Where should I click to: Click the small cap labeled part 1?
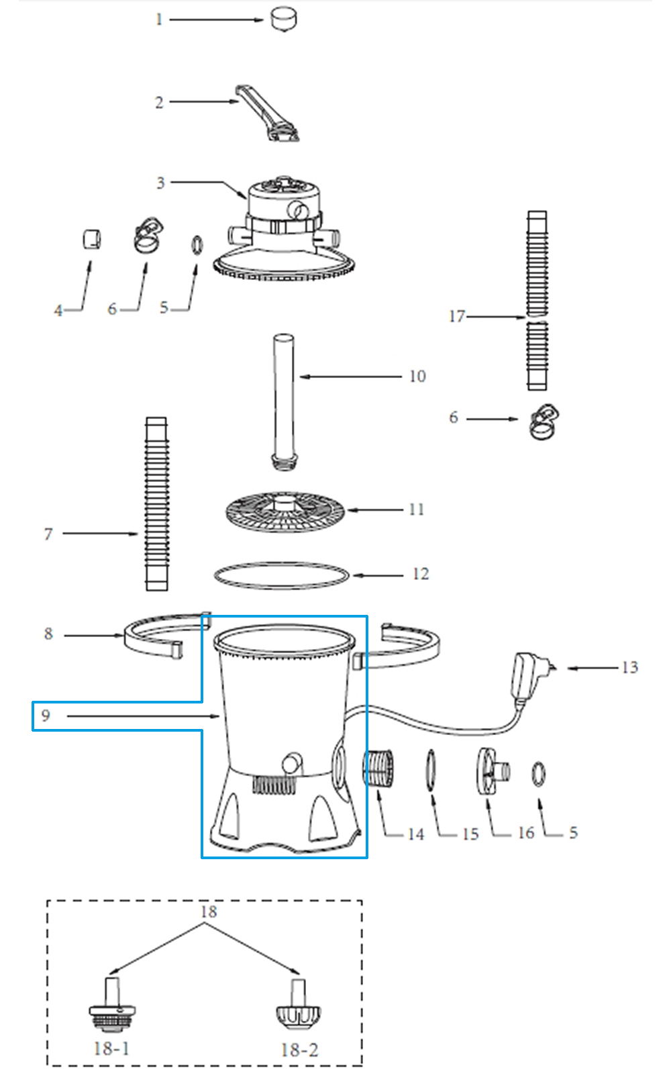[283, 19]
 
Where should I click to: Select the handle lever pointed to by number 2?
[268, 113]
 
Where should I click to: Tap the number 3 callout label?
[160, 183]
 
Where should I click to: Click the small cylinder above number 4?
[91, 239]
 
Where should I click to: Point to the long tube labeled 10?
[284, 402]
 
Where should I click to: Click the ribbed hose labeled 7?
[157, 503]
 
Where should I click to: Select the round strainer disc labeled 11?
[285, 512]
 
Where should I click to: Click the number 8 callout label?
[48, 634]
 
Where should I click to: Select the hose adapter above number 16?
[493, 771]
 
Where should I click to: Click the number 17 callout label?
[457, 316]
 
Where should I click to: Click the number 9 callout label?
[46, 716]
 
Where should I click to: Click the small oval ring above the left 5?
[197, 245]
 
